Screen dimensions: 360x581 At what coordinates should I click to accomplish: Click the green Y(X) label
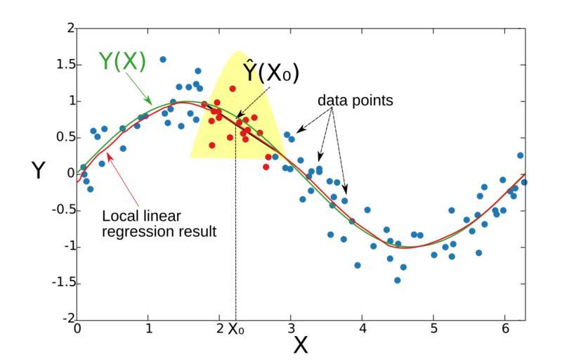(122, 62)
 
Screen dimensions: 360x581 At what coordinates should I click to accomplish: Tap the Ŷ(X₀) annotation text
(271, 72)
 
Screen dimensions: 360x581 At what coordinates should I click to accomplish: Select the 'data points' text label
(355, 101)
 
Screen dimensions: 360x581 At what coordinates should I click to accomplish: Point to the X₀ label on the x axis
(235, 328)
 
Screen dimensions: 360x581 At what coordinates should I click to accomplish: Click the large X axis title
(301, 345)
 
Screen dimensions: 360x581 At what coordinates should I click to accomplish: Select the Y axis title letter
(39, 171)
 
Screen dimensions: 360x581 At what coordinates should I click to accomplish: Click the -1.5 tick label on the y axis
(61, 283)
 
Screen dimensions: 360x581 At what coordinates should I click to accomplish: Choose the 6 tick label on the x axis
(505, 328)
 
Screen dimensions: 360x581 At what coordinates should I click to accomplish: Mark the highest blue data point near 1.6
(163, 60)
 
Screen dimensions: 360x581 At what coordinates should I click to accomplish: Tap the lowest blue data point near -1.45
(397, 280)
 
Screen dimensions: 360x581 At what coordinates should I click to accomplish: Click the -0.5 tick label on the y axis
(61, 210)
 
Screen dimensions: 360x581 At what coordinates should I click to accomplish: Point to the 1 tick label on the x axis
(148, 328)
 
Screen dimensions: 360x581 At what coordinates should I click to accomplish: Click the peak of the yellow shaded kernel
(237, 52)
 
